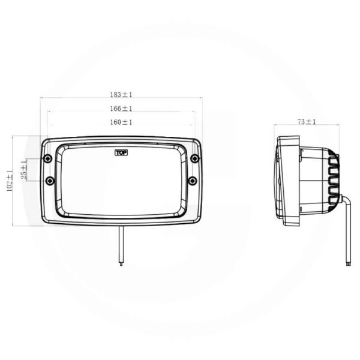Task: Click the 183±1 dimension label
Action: click(x=121, y=94)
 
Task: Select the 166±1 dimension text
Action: click(x=121, y=109)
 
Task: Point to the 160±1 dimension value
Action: click(x=121, y=122)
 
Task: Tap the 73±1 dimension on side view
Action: click(x=307, y=122)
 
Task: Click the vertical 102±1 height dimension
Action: click(x=9, y=181)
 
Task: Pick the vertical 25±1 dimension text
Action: click(x=24, y=170)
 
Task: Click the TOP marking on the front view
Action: click(x=121, y=152)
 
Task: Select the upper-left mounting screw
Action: click(x=47, y=158)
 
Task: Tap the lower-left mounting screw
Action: click(x=50, y=181)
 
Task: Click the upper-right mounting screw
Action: click(x=194, y=158)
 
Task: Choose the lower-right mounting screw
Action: click(x=192, y=181)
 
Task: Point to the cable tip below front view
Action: click(x=121, y=263)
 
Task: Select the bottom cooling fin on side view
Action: click(x=333, y=203)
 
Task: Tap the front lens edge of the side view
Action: click(x=277, y=180)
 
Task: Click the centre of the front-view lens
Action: click(x=121, y=181)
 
